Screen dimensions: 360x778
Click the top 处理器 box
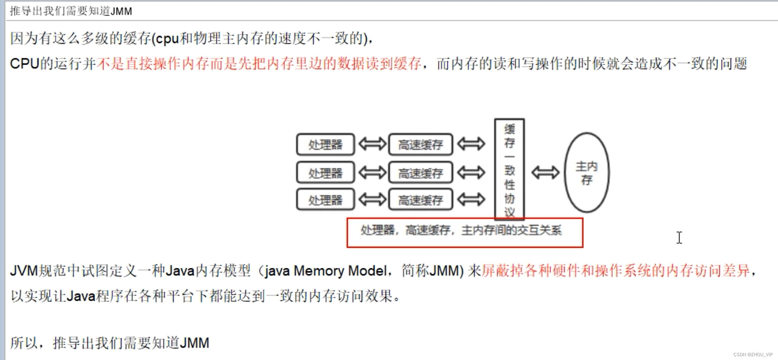coord(325,144)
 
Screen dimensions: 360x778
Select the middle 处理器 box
coord(325,172)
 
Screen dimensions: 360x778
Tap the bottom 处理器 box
coord(325,200)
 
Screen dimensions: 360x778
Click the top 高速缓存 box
coord(421,144)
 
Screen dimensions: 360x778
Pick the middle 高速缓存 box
coord(421,172)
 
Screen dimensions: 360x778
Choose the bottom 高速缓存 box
coord(421,200)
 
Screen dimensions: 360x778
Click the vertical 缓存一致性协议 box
coord(509,169)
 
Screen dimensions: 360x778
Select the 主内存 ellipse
coord(587,172)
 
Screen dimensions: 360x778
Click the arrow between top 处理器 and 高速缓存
coord(372,144)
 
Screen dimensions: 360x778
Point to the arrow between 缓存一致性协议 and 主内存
coord(545,172)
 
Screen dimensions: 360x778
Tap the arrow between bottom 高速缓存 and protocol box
coord(471,199)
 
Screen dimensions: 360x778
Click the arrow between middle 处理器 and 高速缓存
coord(372,172)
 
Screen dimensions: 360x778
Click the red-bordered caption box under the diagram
coord(465,232)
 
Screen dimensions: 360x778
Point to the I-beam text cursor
coord(679,238)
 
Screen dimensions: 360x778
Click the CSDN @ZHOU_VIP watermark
coord(753,354)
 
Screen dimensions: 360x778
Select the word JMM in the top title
coord(121,11)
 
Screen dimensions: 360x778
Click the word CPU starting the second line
coord(24,64)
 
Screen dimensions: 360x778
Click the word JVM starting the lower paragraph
coord(24,271)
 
